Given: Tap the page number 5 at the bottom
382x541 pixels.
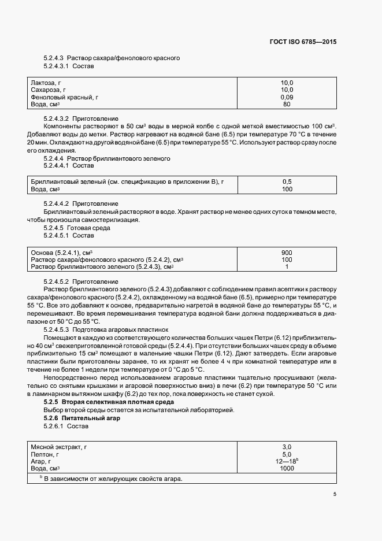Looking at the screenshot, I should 335,494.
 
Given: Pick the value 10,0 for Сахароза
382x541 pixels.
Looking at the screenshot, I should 287,90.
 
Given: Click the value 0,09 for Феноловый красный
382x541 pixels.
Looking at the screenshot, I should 287,97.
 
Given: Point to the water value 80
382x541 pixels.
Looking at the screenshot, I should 287,105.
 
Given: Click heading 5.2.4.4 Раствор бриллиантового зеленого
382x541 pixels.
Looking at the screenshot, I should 106,158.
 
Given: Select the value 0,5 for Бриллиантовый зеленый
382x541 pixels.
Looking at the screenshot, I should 287,182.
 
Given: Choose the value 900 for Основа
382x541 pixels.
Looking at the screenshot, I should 287,253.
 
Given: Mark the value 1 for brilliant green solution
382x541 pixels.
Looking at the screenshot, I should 287,266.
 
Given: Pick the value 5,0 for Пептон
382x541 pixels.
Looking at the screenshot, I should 287,454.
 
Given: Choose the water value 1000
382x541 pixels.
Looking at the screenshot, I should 287,468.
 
